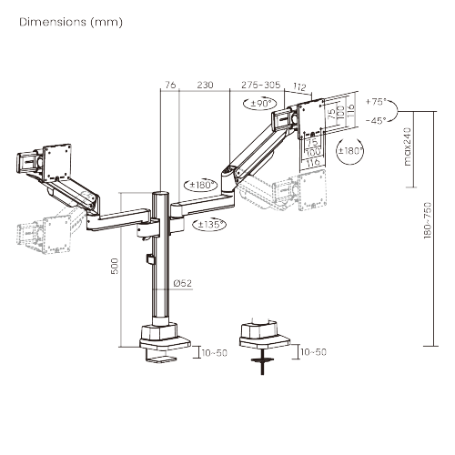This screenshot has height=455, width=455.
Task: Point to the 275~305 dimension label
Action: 261,84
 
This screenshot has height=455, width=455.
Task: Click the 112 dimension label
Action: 300,88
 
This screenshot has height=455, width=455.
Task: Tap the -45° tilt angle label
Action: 374,119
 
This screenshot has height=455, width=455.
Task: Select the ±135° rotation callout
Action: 209,224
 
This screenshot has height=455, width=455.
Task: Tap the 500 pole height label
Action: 115,267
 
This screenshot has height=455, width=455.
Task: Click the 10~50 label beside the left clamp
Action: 215,351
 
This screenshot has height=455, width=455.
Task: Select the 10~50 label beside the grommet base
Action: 315,351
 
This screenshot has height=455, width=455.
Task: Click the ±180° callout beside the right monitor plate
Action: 349,150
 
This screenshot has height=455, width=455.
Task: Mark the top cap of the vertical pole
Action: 160,194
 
